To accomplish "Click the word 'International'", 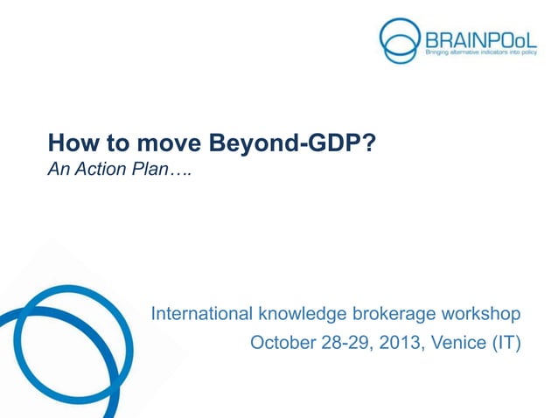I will coord(200,313).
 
